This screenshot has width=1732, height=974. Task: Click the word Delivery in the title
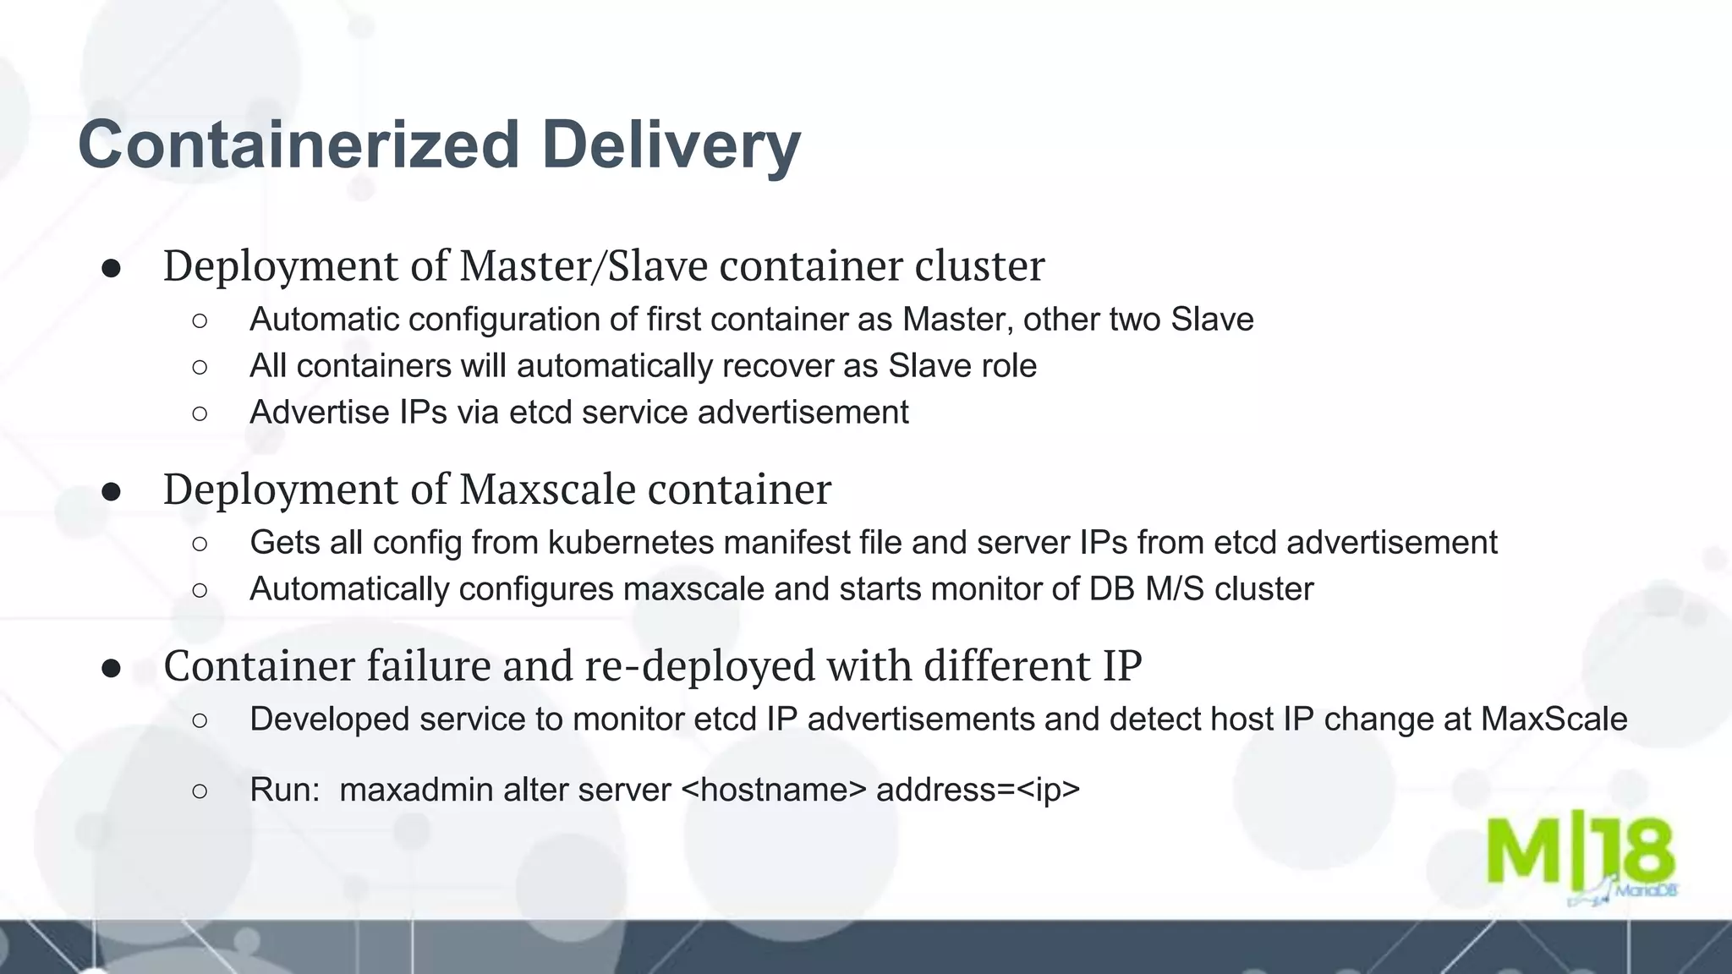click(x=671, y=145)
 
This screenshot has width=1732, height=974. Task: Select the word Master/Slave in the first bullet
click(x=584, y=265)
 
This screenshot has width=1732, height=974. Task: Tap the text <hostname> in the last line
click(x=773, y=790)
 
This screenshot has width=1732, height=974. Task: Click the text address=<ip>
click(x=978, y=790)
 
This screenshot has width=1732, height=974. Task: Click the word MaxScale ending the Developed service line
click(x=1554, y=719)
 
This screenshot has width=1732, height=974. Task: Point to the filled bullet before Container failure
click(x=111, y=668)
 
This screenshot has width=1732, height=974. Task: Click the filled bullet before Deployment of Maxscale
click(x=111, y=491)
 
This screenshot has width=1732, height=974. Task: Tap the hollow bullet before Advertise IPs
click(x=200, y=413)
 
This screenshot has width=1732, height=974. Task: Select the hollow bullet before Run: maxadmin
click(x=200, y=791)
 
